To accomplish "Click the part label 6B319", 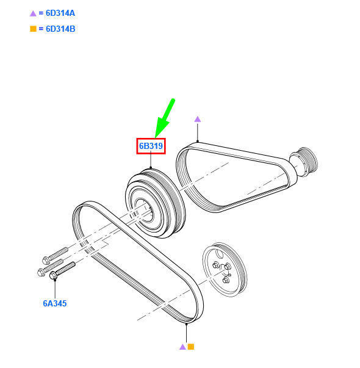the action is (x=151, y=146).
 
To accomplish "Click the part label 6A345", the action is (x=55, y=303).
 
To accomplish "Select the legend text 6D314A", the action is (x=60, y=13).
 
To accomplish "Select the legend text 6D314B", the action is (x=60, y=29).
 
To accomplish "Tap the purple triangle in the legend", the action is (x=33, y=13).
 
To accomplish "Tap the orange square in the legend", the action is (x=33, y=29).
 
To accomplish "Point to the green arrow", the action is (x=165, y=118).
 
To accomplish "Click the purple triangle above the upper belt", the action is (x=198, y=119).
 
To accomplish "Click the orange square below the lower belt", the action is (x=191, y=347).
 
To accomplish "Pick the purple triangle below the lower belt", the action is (x=182, y=347).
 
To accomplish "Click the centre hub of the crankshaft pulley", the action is (x=143, y=210).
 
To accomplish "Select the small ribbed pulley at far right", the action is (x=304, y=162).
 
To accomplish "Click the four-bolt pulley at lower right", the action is (x=225, y=269).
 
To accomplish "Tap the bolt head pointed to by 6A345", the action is (x=53, y=275).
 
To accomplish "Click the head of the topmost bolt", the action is (x=46, y=260).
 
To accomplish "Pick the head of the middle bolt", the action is (x=41, y=272).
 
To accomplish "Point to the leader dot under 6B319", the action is (x=151, y=168).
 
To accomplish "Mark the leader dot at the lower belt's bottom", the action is (x=186, y=324).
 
